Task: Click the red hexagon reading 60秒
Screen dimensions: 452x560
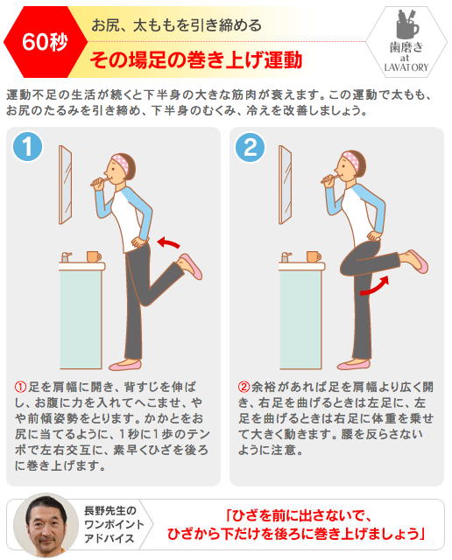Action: [x=46, y=42]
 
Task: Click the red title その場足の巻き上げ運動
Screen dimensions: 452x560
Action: [x=196, y=59]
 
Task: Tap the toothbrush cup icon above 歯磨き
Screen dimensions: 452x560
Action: [x=407, y=24]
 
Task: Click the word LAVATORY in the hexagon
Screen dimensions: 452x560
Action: [x=406, y=67]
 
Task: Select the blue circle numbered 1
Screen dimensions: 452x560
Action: [x=27, y=146]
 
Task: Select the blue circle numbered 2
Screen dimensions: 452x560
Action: [x=251, y=147]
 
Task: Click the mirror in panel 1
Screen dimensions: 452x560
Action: [x=66, y=185]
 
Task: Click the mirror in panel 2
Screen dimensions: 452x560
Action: [x=285, y=185]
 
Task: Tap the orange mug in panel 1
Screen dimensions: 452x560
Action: [x=94, y=256]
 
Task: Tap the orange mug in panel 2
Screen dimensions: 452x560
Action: [x=314, y=256]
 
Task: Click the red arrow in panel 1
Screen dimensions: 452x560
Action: [x=168, y=242]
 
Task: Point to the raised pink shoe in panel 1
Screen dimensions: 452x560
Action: [x=191, y=266]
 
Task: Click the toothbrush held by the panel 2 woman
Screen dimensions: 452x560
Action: [x=329, y=178]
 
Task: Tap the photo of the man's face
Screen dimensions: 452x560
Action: [x=46, y=525]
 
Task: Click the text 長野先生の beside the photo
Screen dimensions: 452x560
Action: [x=110, y=511]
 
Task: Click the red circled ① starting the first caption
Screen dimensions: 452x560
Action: [x=20, y=387]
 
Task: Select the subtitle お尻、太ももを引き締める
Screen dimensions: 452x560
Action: [x=176, y=25]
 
